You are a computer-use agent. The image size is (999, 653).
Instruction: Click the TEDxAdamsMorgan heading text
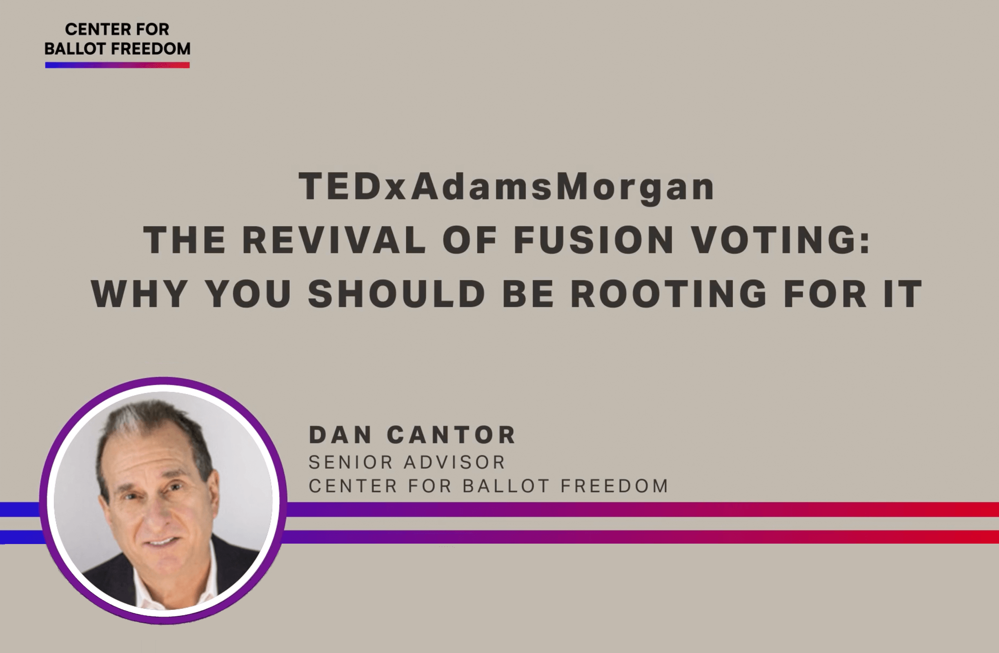pyautogui.click(x=506, y=187)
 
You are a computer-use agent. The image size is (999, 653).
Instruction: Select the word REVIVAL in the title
pyautogui.click(x=334, y=240)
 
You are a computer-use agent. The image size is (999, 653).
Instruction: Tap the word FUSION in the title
pyautogui.click(x=594, y=240)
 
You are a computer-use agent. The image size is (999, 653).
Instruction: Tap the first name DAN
pyautogui.click(x=340, y=434)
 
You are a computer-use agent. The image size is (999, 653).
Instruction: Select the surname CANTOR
pyautogui.click(x=451, y=434)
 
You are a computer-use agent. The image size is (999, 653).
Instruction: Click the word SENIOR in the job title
pyautogui.click(x=351, y=462)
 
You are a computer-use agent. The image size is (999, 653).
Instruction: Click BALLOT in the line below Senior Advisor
pyautogui.click(x=506, y=486)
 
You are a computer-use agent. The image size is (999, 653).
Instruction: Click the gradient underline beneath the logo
pyautogui.click(x=118, y=65)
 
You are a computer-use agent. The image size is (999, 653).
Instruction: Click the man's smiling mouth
pyautogui.click(x=161, y=542)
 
